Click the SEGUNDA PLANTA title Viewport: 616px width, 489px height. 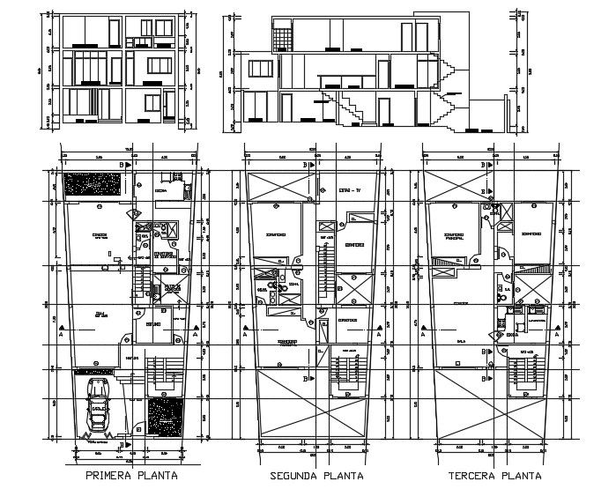[x=315, y=476]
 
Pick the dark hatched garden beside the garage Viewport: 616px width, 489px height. [x=164, y=417]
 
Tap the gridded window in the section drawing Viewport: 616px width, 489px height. [x=282, y=36]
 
